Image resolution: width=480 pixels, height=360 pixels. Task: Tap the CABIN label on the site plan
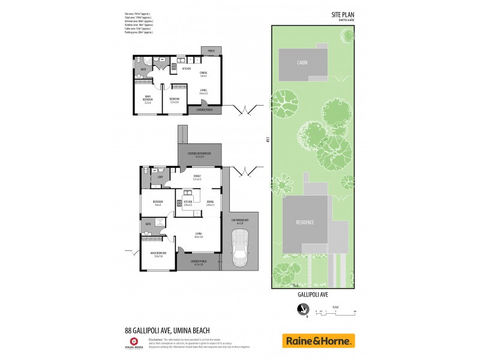point(302,62)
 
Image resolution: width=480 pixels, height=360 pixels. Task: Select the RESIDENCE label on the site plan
point(305,222)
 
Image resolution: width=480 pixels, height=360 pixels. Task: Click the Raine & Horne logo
point(318,341)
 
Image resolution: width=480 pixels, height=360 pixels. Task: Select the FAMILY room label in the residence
point(197,176)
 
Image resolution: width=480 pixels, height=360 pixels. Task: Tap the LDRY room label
point(160,177)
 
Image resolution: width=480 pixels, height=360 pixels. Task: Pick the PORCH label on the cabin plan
point(211,51)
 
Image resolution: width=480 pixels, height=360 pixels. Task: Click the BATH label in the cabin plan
point(143,70)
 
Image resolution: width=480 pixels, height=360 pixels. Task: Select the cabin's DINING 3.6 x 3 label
point(203,74)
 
